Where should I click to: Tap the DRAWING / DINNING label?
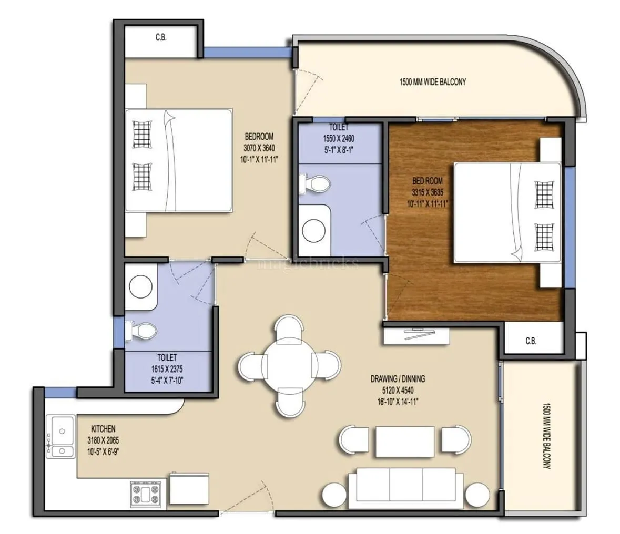coord(398,378)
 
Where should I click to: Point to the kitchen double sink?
coord(62,436)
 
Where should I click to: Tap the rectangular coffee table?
coord(405,441)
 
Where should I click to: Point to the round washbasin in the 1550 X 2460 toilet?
coord(315,230)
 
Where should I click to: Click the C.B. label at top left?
coord(161,38)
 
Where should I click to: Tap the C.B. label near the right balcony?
coord(531,341)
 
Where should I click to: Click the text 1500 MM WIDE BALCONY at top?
coord(433,82)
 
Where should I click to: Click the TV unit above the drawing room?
coord(416,336)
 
